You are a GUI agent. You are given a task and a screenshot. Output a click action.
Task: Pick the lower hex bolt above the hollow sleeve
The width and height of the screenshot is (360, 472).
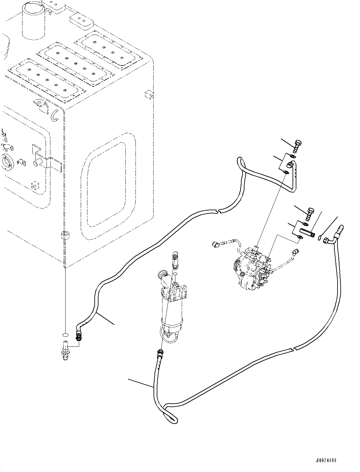pyautogui.click(x=309, y=214)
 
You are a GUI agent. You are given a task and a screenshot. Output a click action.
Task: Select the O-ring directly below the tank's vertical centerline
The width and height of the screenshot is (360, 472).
pyautogui.click(x=65, y=335)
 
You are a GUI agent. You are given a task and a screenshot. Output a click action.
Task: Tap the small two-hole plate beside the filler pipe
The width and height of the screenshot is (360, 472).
pyautogui.click(x=81, y=21)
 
